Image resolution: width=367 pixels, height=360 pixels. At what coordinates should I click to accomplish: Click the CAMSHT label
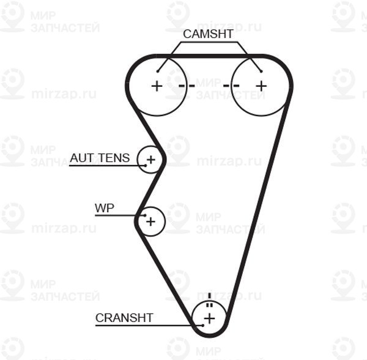(208, 34)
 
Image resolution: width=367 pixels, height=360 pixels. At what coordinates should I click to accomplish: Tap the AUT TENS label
(100, 158)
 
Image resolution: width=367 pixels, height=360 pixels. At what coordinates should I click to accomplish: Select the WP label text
(105, 208)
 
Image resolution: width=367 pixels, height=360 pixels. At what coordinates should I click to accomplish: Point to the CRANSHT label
(124, 318)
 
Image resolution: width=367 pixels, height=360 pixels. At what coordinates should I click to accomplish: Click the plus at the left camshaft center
(157, 86)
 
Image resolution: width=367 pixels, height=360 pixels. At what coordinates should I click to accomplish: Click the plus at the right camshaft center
(261, 86)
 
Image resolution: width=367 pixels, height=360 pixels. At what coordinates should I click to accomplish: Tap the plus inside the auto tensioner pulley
(150, 160)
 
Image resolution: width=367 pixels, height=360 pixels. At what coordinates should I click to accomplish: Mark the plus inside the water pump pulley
(150, 221)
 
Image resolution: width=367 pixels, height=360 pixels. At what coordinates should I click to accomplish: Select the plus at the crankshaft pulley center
(209, 318)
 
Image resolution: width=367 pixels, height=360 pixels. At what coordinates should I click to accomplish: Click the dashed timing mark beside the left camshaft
(187, 86)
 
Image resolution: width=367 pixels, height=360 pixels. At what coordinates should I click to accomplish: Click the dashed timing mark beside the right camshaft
(231, 86)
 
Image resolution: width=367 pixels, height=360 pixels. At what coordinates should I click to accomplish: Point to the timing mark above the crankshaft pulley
(209, 300)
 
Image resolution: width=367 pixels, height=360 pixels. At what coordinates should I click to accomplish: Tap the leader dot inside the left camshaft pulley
(158, 72)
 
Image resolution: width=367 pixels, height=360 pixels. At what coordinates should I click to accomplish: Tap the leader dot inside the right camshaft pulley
(261, 72)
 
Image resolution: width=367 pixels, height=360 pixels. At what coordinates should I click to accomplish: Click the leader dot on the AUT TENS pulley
(146, 166)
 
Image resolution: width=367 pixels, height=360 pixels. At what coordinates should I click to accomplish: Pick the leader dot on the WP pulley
(145, 215)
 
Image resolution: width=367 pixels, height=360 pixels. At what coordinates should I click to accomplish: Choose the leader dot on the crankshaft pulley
(203, 325)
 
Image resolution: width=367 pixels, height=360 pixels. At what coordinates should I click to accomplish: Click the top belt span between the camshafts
(209, 56)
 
